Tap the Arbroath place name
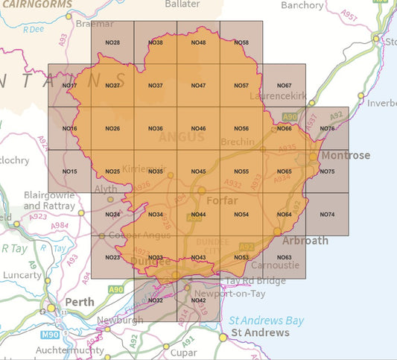304,241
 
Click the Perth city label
80,303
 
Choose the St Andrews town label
259,332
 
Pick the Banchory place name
302,5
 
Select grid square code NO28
112,42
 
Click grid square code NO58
241,42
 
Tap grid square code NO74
326,215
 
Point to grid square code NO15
70,172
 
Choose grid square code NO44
198,215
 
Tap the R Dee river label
33,30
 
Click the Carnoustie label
276,265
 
